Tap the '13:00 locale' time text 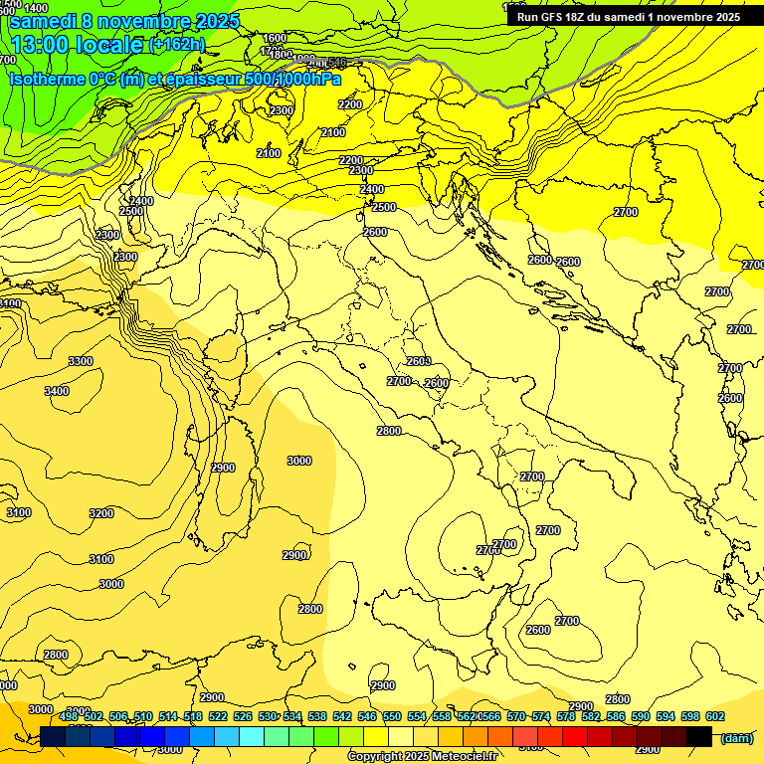pos(78,44)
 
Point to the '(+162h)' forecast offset pos(177,45)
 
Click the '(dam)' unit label pos(735,738)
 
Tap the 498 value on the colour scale pos(69,716)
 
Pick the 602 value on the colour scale pos(714,716)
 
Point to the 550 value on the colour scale pos(392,716)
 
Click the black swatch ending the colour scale pos(699,737)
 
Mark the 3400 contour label pos(57,391)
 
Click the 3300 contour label pos(81,361)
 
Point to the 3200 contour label pos(101,513)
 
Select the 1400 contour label pos(36,9)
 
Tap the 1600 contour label pos(275,39)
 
